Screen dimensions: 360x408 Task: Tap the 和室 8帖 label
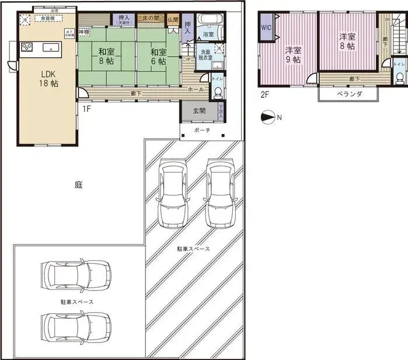(x=106, y=56)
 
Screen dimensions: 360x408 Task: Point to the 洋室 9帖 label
(x=293, y=54)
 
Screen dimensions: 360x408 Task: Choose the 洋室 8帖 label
(x=347, y=41)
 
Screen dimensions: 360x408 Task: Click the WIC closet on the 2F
(x=266, y=27)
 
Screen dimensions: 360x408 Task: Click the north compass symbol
(x=269, y=117)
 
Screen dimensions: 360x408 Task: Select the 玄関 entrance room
(x=198, y=111)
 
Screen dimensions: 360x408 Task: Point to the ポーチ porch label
(x=203, y=131)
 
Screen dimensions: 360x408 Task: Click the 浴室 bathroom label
(x=208, y=34)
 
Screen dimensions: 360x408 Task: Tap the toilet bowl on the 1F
(x=217, y=92)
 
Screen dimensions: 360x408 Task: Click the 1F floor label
(x=86, y=109)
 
